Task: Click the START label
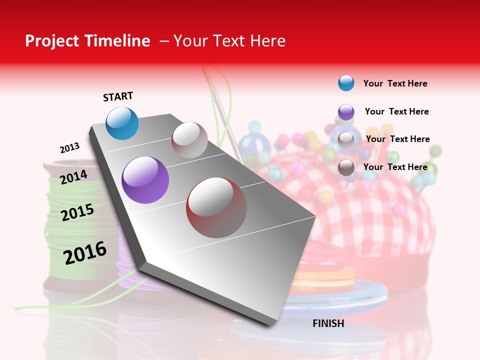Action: click(x=118, y=96)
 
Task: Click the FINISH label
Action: click(x=328, y=323)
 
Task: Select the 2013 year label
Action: click(x=70, y=148)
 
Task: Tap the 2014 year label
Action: click(x=74, y=177)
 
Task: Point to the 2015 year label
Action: click(x=77, y=212)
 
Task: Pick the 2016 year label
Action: click(x=85, y=252)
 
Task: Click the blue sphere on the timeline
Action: click(x=122, y=123)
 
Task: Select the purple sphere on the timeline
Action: click(x=145, y=180)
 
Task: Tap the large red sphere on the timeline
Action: click(x=216, y=207)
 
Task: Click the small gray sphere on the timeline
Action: click(x=189, y=140)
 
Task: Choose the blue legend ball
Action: click(x=346, y=83)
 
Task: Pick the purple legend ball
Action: click(x=346, y=112)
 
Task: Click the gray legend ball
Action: click(x=346, y=139)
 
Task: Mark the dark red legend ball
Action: click(x=346, y=167)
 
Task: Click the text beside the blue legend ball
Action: click(x=395, y=83)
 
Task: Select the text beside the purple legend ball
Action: click(x=396, y=111)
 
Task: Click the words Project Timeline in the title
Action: click(x=87, y=41)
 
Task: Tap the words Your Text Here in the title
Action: click(x=229, y=41)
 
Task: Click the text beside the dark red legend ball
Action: click(x=395, y=167)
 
